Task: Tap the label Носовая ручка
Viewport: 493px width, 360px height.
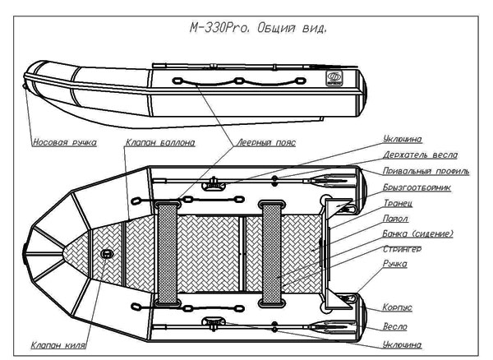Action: tap(64, 142)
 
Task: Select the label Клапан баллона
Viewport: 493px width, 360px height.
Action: tap(160, 142)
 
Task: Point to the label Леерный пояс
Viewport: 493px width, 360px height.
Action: tap(265, 142)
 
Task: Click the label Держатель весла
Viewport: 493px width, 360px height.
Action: tap(420, 155)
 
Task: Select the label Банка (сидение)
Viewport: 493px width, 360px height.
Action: tap(418, 233)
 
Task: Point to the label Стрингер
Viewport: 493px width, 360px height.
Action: tap(403, 248)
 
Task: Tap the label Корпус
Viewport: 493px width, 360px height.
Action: tap(398, 307)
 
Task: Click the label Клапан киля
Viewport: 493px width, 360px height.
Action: tap(58, 345)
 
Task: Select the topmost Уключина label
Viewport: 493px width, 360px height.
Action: tap(403, 139)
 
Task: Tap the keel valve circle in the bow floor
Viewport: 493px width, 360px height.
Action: tap(108, 254)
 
